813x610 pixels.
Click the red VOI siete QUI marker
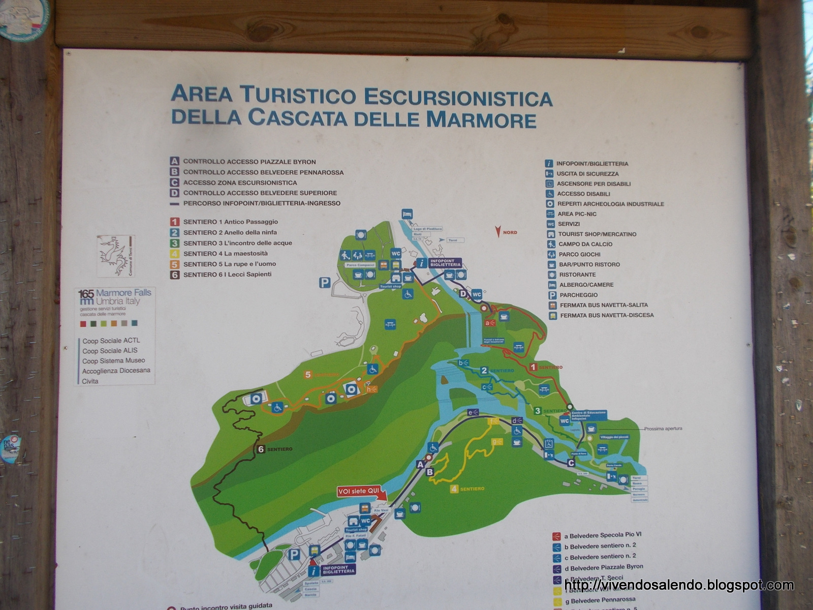point(360,492)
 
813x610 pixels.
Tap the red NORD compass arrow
point(498,232)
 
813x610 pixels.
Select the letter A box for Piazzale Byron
point(174,162)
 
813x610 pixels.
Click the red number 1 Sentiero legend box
point(174,222)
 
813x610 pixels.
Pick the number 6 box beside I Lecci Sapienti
point(174,274)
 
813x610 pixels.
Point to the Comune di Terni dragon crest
point(115,255)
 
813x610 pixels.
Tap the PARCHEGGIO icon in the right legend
point(551,295)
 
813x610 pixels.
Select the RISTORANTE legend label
point(577,274)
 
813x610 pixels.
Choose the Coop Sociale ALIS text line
point(110,351)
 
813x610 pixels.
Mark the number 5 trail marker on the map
point(308,375)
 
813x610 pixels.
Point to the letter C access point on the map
point(571,463)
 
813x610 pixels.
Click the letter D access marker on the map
point(463,293)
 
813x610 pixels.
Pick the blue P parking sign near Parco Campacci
point(325,283)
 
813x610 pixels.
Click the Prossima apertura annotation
point(663,429)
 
